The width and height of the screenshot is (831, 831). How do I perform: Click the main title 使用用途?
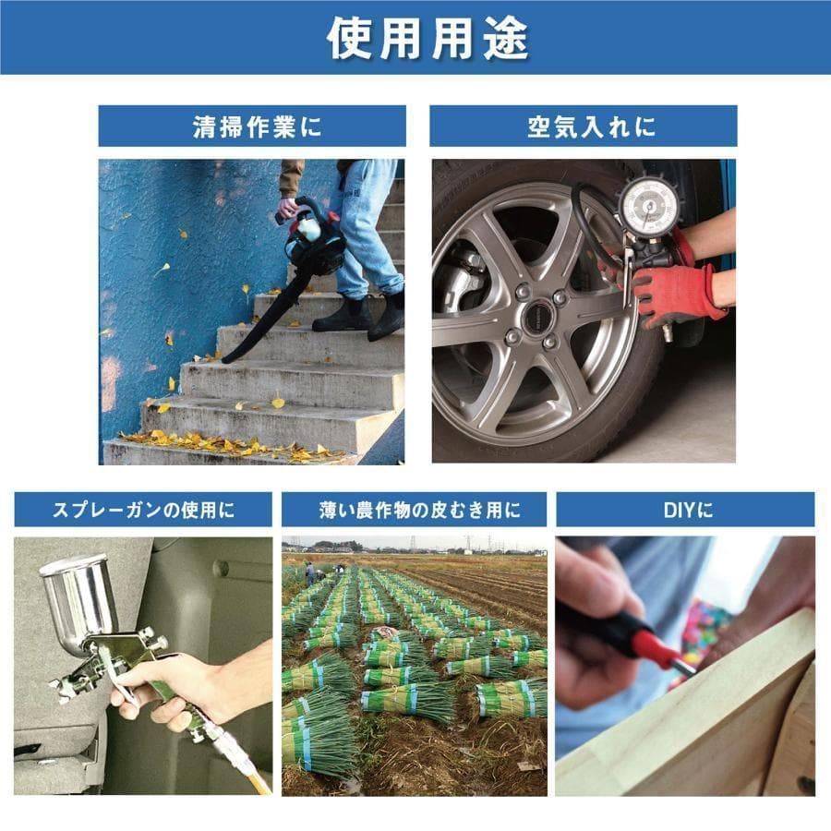pos(415,38)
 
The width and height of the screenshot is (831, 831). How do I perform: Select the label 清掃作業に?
pos(251,126)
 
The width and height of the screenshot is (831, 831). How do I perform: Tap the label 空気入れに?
pos(583,126)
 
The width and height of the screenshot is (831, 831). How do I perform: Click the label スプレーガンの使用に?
pos(143,509)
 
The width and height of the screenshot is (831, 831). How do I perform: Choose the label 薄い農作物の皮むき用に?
pos(414,509)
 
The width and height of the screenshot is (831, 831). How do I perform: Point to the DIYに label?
pos(684,509)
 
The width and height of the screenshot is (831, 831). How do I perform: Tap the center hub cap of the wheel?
pos(537,317)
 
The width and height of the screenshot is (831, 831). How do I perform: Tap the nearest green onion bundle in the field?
pos(319,739)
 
